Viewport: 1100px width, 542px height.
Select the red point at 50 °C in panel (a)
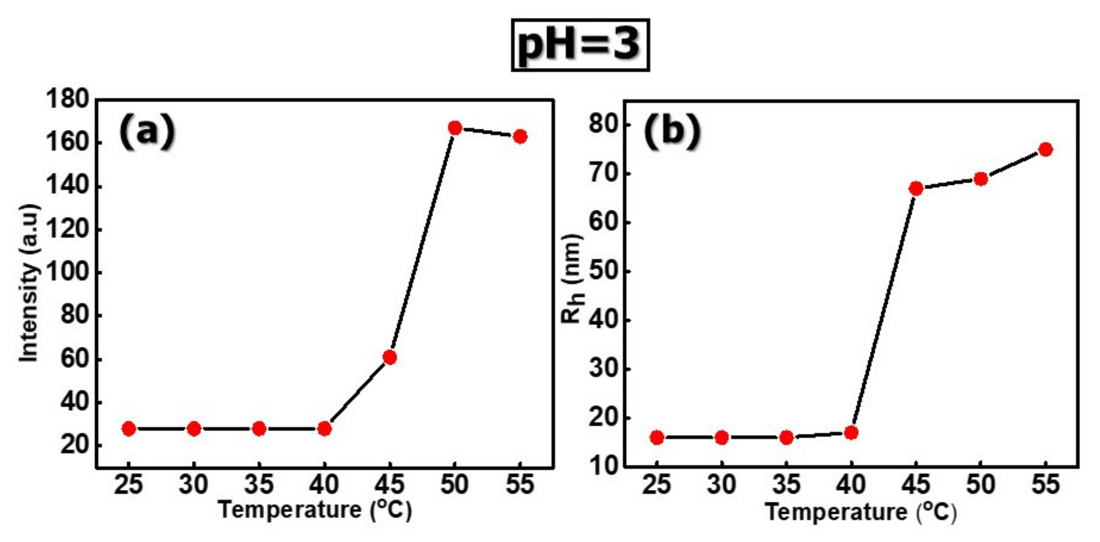tap(455, 128)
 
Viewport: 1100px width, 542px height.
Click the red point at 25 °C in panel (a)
tap(128, 429)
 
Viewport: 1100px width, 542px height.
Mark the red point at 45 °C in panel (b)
tap(916, 188)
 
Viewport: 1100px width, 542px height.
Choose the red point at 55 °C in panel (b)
tap(1045, 150)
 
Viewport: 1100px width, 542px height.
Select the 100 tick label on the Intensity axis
tap(67, 272)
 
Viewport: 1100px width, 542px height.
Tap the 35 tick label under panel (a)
tap(259, 485)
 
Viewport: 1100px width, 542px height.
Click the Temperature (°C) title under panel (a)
tap(315, 510)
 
